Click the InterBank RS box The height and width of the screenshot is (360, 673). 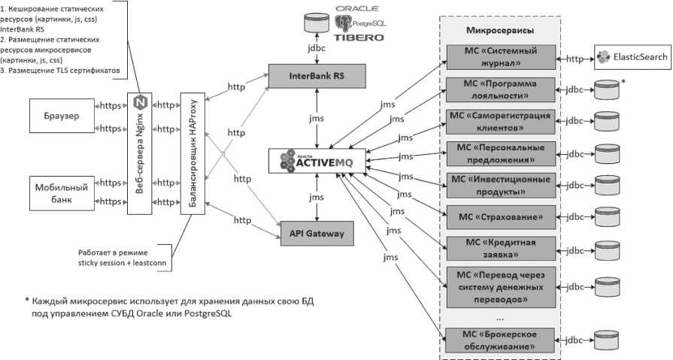click(317, 75)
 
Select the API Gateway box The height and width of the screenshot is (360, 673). click(317, 234)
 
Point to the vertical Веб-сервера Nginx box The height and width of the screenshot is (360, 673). click(140, 153)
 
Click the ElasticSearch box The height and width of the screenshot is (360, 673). click(632, 56)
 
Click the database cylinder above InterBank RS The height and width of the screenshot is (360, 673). click(317, 20)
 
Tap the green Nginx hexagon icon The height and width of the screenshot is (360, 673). click(140, 101)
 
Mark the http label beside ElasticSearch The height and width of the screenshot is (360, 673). click(576, 56)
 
